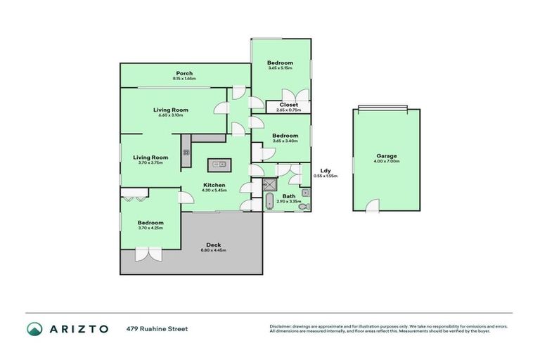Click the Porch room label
184,73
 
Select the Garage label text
386,155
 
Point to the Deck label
214,245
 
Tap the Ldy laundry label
326,171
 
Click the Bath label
289,196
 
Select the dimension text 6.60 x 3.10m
171,115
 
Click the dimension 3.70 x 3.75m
150,162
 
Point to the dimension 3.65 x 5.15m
280,68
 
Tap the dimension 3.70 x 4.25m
150,228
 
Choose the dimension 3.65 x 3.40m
285,141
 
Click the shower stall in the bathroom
270,185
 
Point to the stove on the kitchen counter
186,151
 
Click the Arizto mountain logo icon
35,329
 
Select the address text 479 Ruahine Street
157,328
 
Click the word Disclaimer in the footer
281,326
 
